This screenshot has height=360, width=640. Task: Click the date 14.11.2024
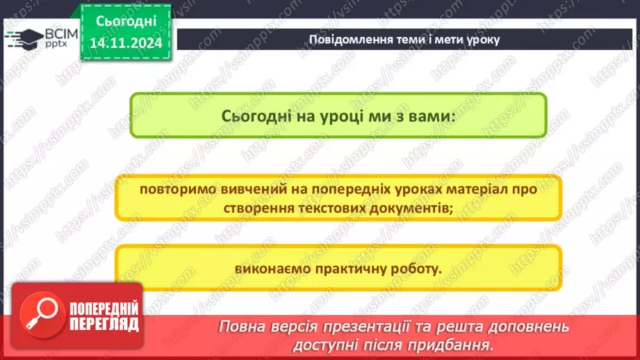point(126,43)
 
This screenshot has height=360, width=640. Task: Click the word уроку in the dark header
point(480,40)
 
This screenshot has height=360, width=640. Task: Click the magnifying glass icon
point(37,313)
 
